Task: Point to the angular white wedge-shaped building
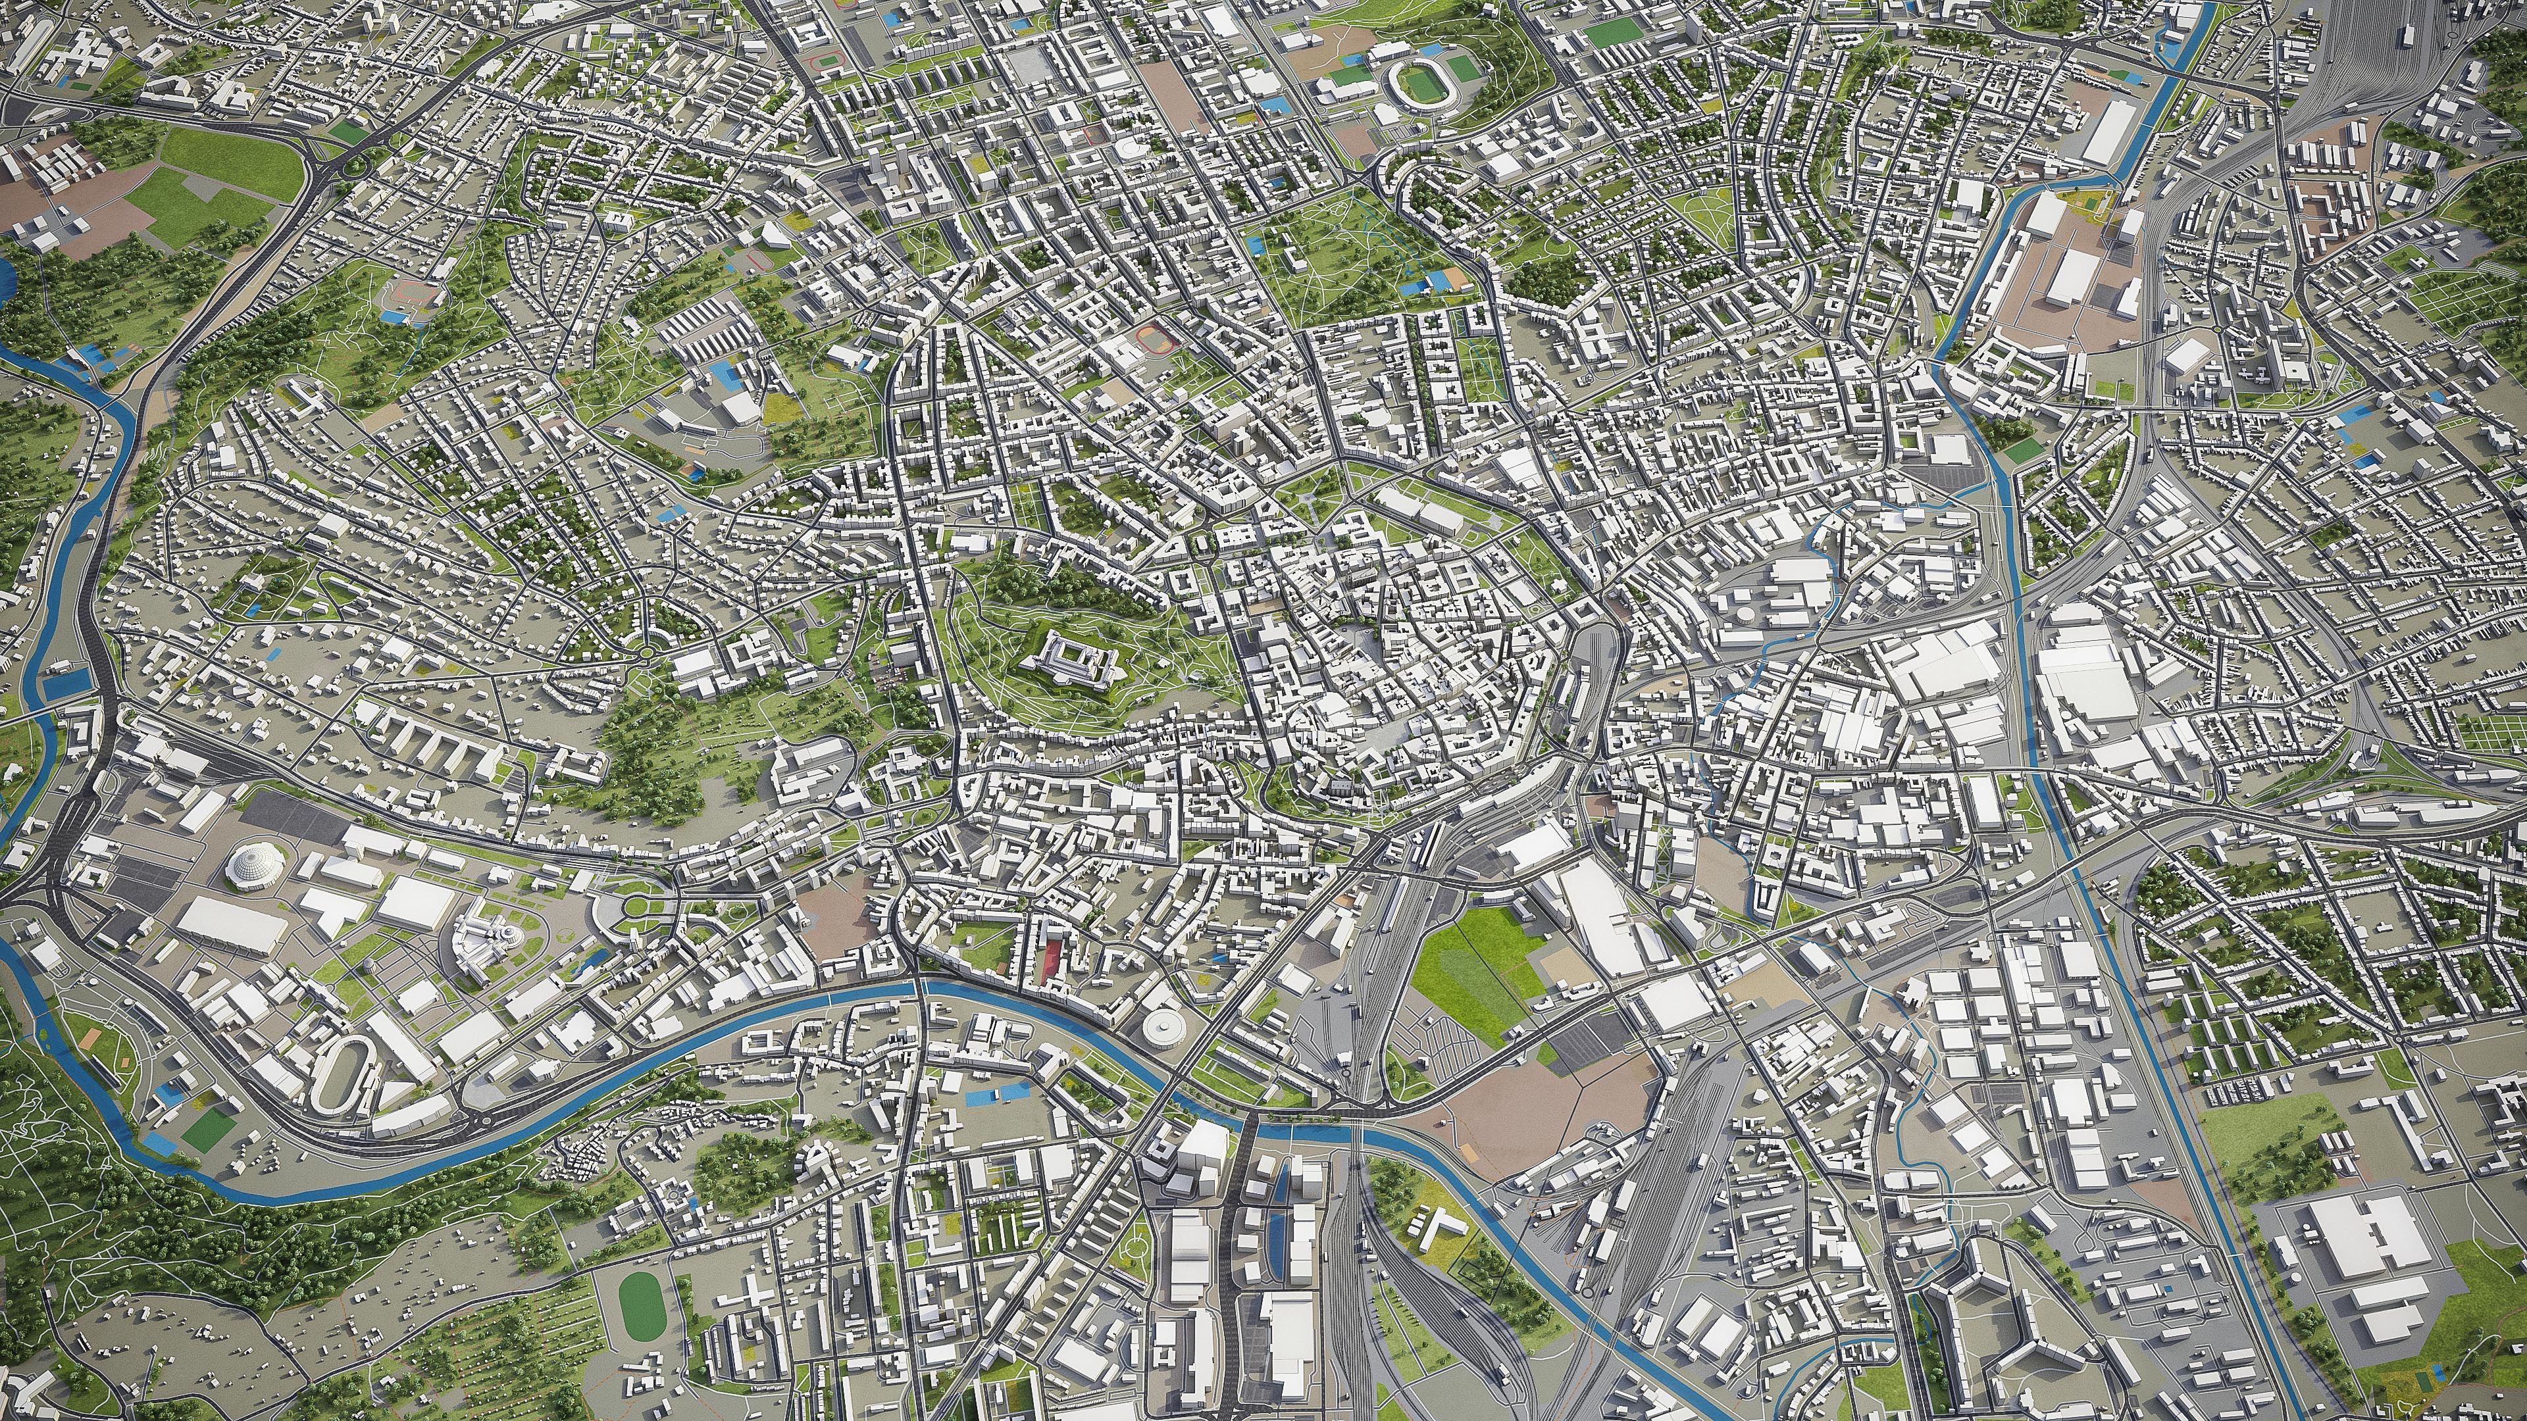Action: pos(775,236)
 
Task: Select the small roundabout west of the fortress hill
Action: pos(648,652)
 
